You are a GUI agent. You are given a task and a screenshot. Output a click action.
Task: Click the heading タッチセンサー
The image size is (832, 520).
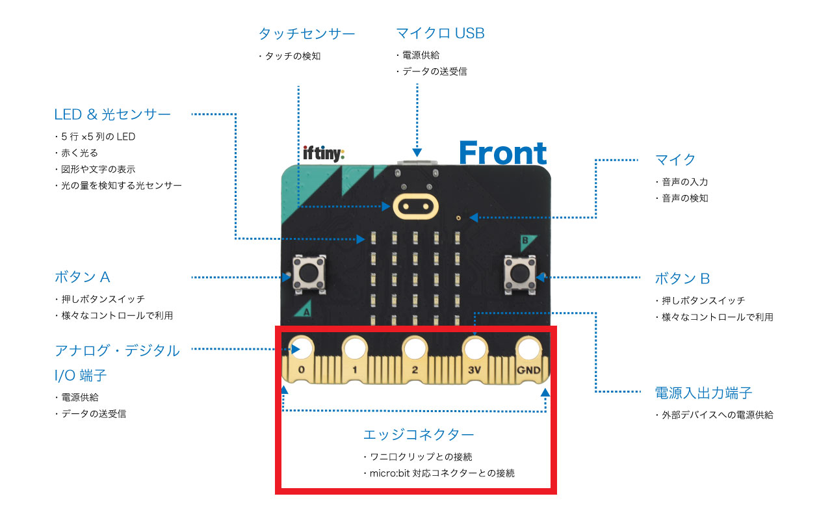tap(307, 33)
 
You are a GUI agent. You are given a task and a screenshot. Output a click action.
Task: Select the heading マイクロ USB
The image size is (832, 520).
tap(440, 33)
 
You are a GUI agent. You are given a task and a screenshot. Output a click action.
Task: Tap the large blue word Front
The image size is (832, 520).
tap(502, 153)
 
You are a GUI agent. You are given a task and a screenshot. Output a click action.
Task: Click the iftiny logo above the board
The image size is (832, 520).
tap(324, 153)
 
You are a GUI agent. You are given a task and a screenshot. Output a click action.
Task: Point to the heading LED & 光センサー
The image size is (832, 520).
tap(112, 114)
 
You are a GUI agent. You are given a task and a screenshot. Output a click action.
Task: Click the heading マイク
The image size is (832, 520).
tap(675, 160)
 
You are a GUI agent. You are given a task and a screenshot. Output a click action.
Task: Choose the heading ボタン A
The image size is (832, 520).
tap(83, 277)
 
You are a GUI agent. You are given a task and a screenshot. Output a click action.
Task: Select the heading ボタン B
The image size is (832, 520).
tap(682, 279)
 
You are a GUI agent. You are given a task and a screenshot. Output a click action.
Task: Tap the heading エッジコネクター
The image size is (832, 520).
tap(419, 434)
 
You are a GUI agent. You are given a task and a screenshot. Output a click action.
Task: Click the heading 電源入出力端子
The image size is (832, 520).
tap(703, 393)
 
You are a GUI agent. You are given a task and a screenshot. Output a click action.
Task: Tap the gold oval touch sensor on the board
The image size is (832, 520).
tap(413, 206)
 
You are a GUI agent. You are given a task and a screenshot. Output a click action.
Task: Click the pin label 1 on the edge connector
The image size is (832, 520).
tap(354, 370)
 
